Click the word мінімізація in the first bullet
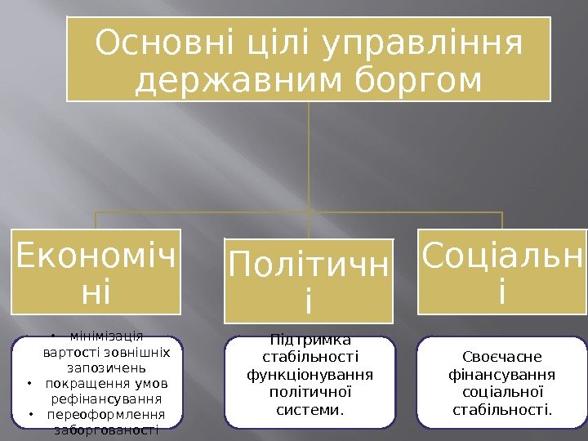106,336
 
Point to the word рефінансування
106,399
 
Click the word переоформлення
106,414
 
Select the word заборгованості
106,430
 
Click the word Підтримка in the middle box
310,341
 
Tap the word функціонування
310,375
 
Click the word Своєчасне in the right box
501,357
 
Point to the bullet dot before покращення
29,384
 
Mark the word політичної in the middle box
310,391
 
